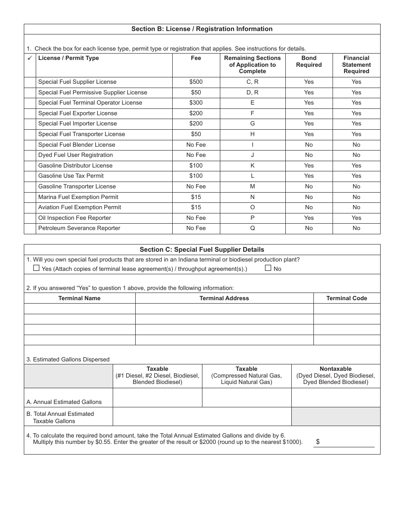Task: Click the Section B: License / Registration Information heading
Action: (x=202, y=29)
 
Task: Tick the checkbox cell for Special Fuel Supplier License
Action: (x=30, y=82)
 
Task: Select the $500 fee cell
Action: (x=196, y=82)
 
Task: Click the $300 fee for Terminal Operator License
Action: (x=196, y=103)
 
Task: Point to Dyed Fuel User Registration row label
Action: (x=75, y=155)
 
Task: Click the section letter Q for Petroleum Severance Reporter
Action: (x=252, y=228)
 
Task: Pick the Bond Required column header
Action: (x=309, y=62)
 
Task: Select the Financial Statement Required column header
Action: (x=356, y=65)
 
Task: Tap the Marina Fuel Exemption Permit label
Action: (x=78, y=197)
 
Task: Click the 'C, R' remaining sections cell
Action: (x=252, y=82)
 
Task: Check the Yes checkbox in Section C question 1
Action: (x=36, y=268)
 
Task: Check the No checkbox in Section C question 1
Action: (x=268, y=268)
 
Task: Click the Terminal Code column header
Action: (x=347, y=298)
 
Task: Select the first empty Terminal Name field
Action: (x=80, y=309)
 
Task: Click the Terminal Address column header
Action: (x=224, y=298)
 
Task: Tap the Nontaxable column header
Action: (x=336, y=369)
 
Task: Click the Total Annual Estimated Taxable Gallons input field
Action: (x=202, y=417)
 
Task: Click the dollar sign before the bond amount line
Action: (x=318, y=442)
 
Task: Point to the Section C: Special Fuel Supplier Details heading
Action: (x=202, y=250)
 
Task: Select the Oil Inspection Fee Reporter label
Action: (x=74, y=218)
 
